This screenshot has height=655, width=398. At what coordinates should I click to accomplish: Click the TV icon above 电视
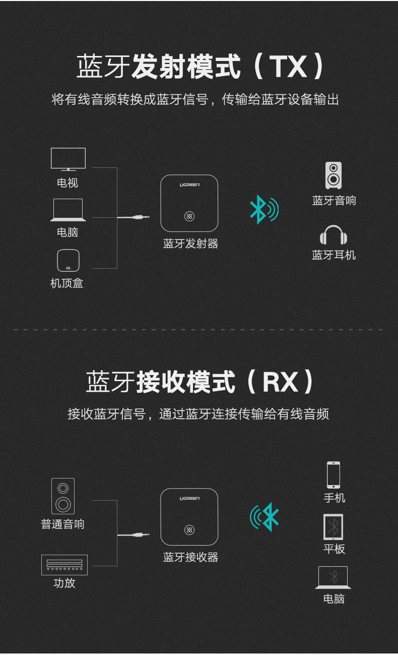point(68,159)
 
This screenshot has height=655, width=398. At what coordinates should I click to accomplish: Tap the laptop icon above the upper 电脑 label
point(68,210)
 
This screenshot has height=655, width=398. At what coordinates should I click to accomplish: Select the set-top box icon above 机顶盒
point(68,260)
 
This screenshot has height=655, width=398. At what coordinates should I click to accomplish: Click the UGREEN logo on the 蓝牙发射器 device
point(189,185)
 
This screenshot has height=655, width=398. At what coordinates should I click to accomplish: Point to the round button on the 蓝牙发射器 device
point(189,216)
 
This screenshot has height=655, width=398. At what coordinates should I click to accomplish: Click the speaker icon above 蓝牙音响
point(334,175)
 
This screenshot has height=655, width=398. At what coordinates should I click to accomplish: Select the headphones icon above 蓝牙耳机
point(334,235)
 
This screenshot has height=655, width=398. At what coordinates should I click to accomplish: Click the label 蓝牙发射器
point(190,244)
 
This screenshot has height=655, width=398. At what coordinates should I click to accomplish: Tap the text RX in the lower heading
point(280,382)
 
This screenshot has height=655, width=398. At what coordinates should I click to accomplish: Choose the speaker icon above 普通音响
point(63,496)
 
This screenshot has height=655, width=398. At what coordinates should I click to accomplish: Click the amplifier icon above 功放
point(64,565)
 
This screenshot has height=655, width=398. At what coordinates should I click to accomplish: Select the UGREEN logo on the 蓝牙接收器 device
point(189,499)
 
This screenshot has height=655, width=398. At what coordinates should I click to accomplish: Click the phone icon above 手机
point(334,474)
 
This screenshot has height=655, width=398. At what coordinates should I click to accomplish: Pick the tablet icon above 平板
point(334,527)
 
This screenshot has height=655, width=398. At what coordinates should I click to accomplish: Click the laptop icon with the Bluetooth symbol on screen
point(333,577)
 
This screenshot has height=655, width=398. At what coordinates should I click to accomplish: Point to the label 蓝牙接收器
point(190,557)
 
